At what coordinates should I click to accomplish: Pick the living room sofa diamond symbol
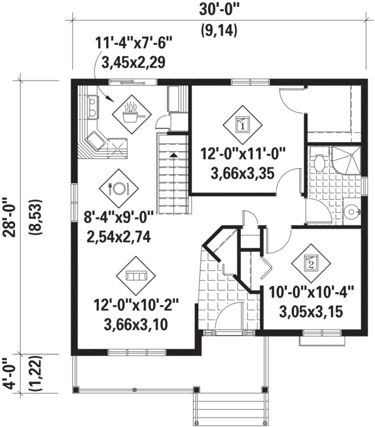pos(136,275)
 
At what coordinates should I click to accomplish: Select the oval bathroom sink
pos(319,164)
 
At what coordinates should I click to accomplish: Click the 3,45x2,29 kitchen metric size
pos(131,62)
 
